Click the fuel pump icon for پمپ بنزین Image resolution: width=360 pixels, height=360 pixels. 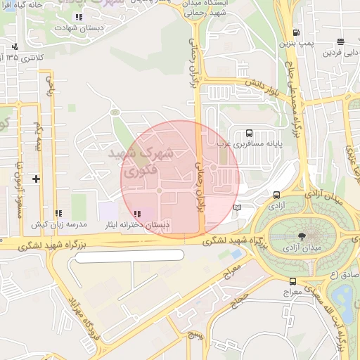pos(295,32)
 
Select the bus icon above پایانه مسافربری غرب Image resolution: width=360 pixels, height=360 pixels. pos(249,133)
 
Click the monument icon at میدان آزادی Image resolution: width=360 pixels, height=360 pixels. pos(302,236)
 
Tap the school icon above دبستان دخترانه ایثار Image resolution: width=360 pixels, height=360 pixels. pos(136,213)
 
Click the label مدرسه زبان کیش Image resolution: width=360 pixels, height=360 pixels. pos(62,224)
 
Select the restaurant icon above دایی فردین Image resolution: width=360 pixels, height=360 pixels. pos(340,41)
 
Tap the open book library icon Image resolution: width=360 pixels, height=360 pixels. pos(237,207)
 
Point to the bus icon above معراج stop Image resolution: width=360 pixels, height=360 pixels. pos(292,281)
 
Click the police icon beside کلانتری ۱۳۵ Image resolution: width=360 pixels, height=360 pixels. pos(14,46)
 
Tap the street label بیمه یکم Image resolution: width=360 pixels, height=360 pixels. pos(38,137)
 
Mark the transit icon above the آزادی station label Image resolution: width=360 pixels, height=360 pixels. pos(276,195)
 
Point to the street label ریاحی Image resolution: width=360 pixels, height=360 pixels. pos(50,86)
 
